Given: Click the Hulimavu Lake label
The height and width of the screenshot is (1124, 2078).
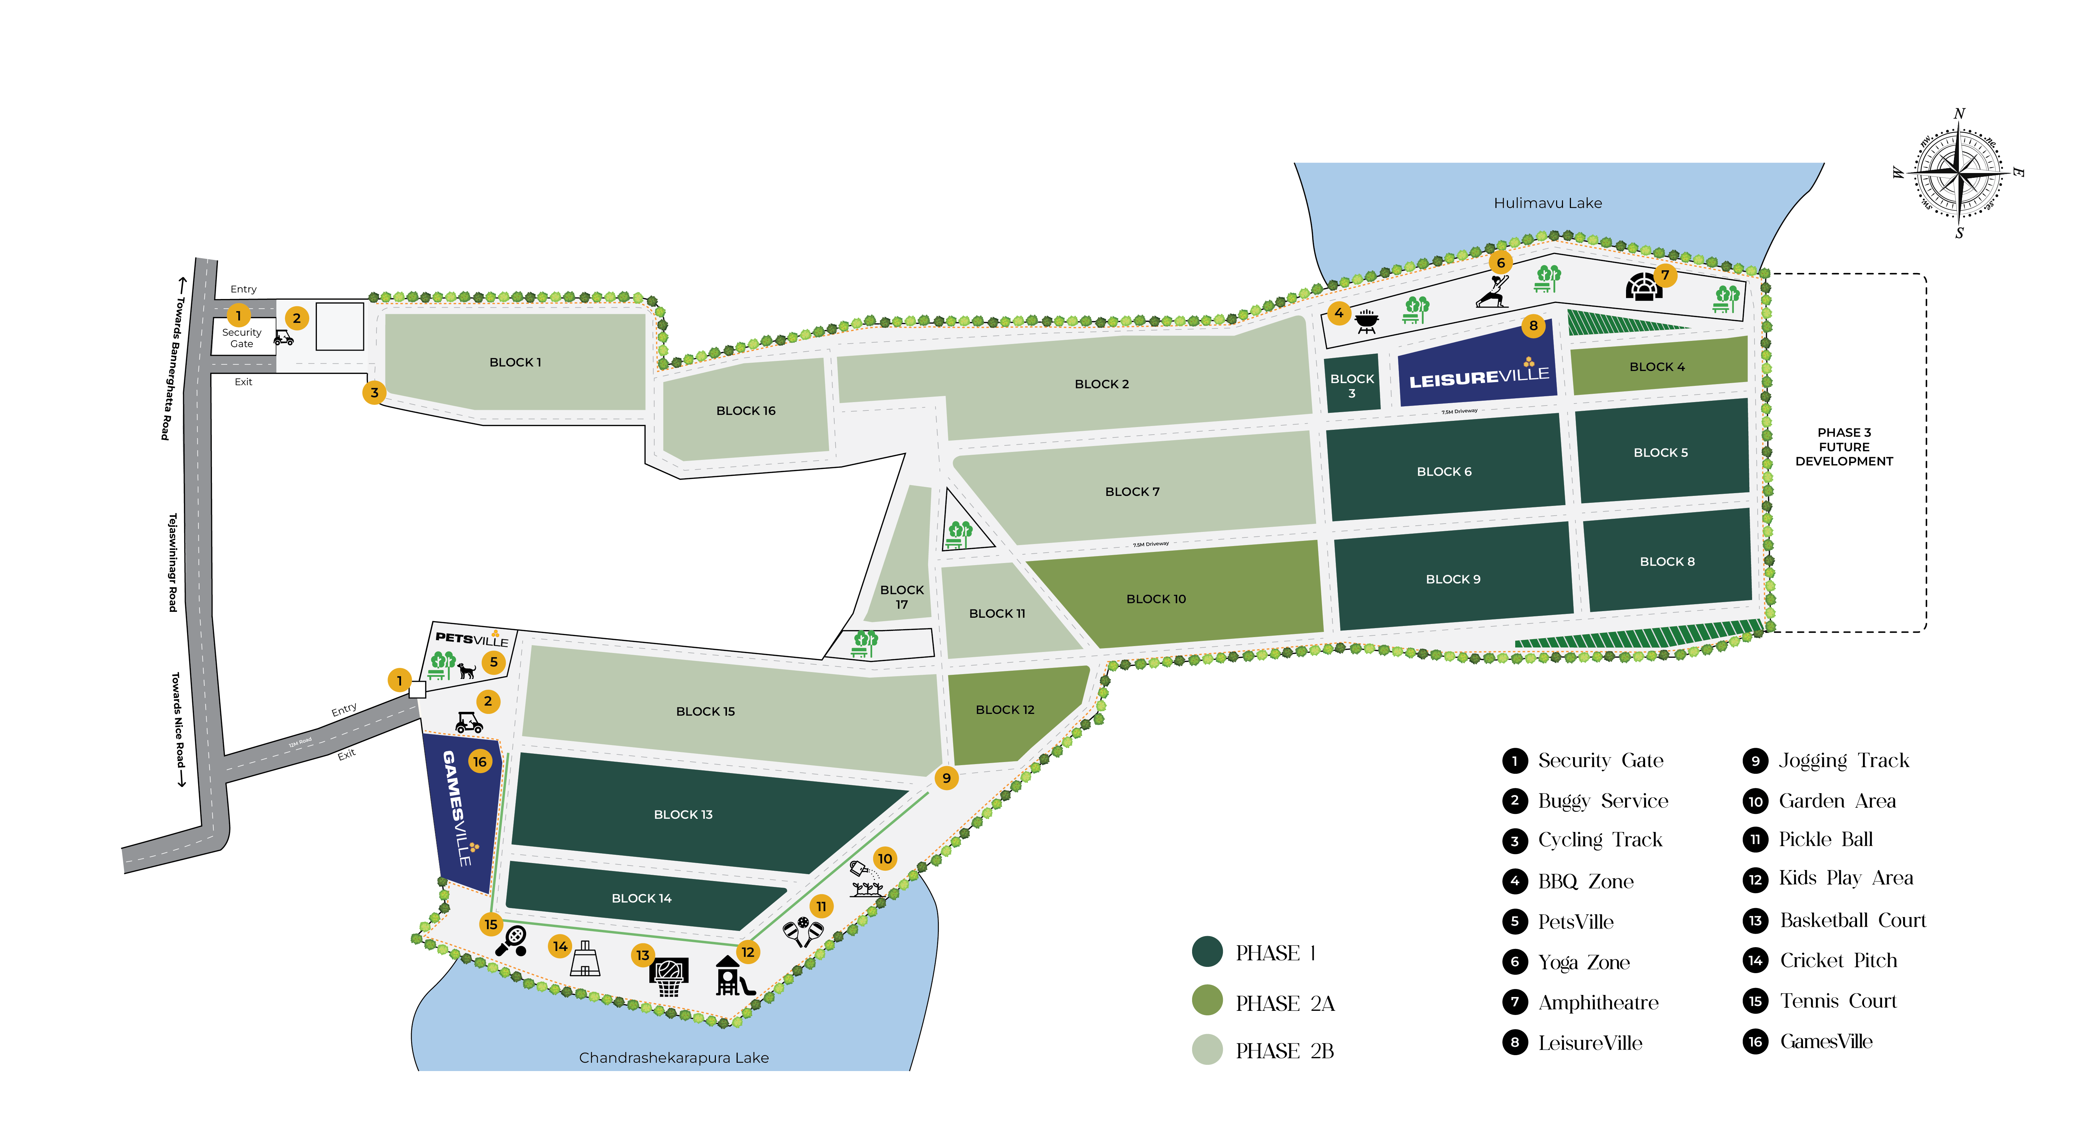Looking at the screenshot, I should coord(1547,203).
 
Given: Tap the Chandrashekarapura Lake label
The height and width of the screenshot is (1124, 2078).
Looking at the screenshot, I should coord(674,1057).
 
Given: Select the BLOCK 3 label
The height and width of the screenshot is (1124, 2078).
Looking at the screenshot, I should coord(1352,386).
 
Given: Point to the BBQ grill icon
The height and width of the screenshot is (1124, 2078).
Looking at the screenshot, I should coord(1367,321).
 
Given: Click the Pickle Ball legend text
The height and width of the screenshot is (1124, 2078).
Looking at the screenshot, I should coord(1826,840).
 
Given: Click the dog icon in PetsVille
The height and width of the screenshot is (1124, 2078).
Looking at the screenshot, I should coord(466,670).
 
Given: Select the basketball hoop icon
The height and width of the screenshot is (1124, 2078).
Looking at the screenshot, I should coord(669,977).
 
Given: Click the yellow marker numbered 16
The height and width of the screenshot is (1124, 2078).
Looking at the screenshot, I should coord(480,761).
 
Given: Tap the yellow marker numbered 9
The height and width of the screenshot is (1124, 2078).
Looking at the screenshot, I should coord(946,778).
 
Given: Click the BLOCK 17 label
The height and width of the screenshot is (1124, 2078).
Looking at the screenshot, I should coord(902,597).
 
